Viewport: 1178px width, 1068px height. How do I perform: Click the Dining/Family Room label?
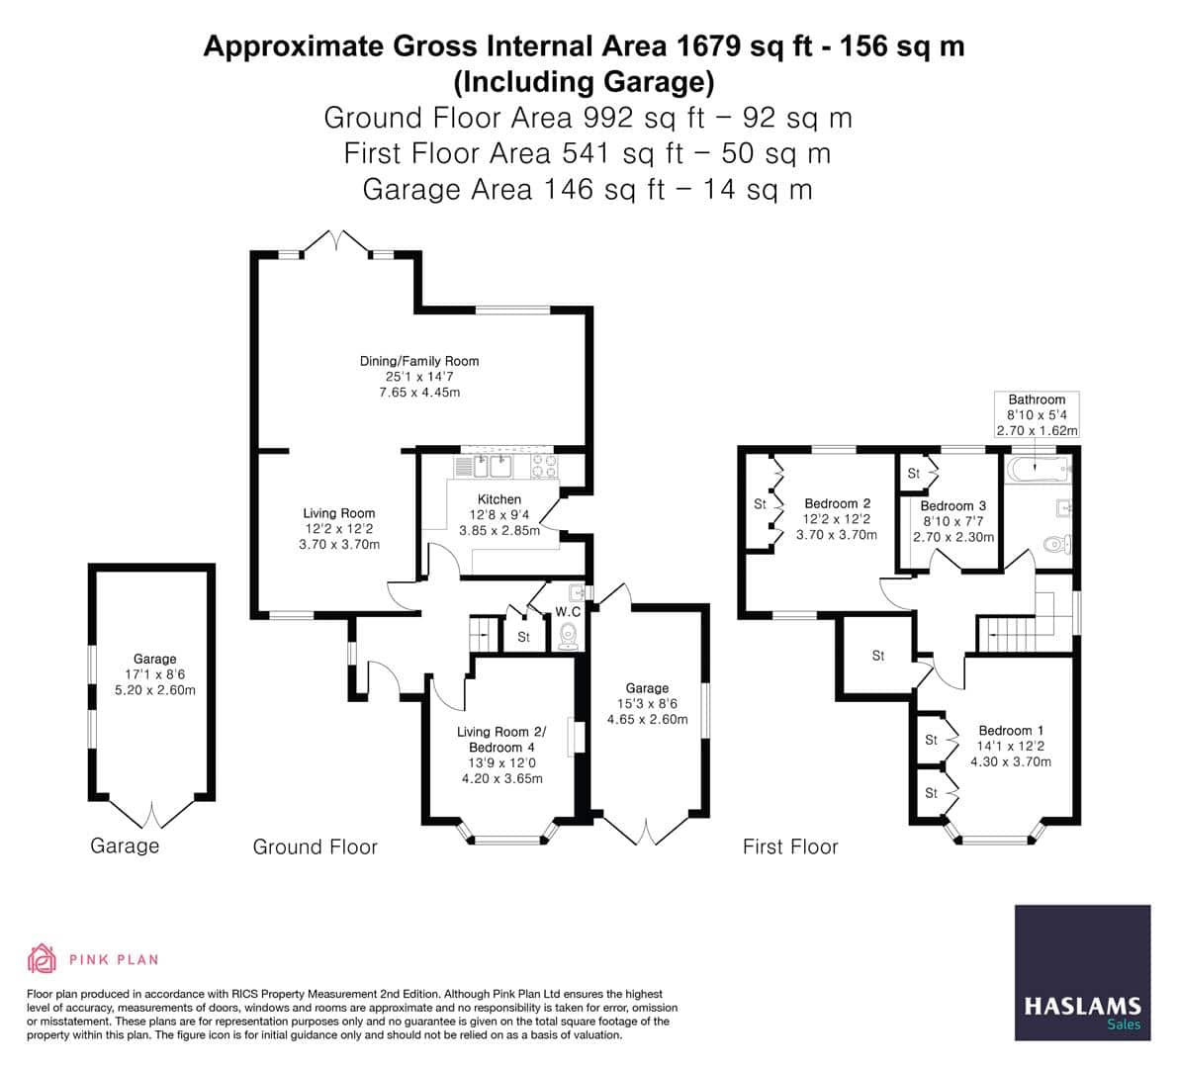point(419,362)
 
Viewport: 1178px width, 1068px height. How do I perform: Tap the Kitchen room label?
point(498,499)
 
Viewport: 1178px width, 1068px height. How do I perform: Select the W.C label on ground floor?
point(568,612)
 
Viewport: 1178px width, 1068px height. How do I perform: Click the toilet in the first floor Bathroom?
point(1057,543)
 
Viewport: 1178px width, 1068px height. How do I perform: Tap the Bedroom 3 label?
point(952,506)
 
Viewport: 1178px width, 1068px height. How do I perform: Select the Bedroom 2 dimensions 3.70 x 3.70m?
point(837,535)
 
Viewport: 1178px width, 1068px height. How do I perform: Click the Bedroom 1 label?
point(1011,731)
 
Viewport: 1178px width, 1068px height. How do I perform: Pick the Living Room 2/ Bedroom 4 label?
point(501,740)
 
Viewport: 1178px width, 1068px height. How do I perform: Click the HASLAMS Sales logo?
point(1082,973)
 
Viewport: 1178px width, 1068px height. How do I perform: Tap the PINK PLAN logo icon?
point(42,958)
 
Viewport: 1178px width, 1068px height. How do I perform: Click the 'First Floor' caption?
point(790,846)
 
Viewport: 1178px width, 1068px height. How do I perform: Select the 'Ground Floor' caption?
point(315,846)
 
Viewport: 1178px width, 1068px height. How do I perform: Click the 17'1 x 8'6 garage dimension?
point(154,674)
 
